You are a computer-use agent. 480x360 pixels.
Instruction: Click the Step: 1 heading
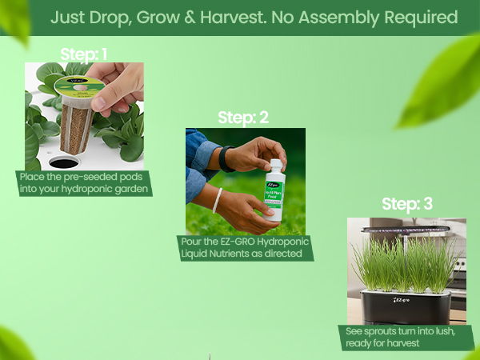[83, 54]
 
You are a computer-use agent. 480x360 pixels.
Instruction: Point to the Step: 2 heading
[243, 118]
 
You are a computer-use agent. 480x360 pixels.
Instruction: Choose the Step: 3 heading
[407, 204]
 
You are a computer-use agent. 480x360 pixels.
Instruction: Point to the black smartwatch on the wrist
[226, 158]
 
